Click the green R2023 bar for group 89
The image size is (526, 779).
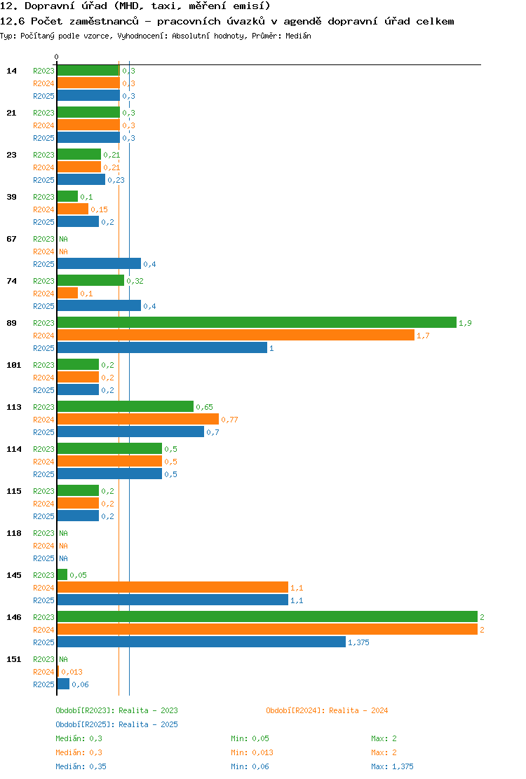tap(257, 322)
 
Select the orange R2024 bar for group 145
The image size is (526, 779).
tap(173, 587)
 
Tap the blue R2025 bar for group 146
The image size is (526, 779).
tap(201, 642)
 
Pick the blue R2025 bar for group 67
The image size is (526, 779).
tap(99, 264)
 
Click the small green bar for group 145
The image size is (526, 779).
tap(62, 575)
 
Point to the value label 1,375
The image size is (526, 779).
tap(358, 642)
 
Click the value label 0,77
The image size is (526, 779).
tap(230, 420)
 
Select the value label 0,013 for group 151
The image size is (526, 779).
tap(72, 672)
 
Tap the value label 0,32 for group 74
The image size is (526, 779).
tap(135, 281)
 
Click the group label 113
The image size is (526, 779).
tap(14, 407)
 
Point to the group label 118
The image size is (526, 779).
tap(14, 533)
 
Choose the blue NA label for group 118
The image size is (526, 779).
tap(64, 558)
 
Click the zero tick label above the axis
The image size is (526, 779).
tap(56, 57)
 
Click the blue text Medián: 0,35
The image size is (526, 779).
tap(81, 766)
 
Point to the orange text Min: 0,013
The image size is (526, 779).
tap(252, 752)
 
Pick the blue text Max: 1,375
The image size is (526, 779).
tap(392, 766)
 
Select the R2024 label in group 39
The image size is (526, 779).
tap(43, 209)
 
